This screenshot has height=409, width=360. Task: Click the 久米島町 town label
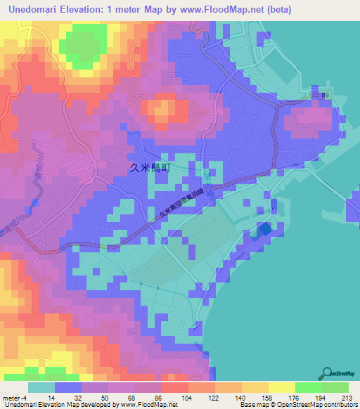[150, 168]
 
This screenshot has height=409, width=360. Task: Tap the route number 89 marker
[324, 94]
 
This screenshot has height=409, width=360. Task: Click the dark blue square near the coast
[264, 228]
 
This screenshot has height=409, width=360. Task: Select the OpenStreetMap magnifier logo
[327, 373]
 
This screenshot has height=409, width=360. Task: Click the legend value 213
[347, 398]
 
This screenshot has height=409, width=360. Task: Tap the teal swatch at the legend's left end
[41, 387]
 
